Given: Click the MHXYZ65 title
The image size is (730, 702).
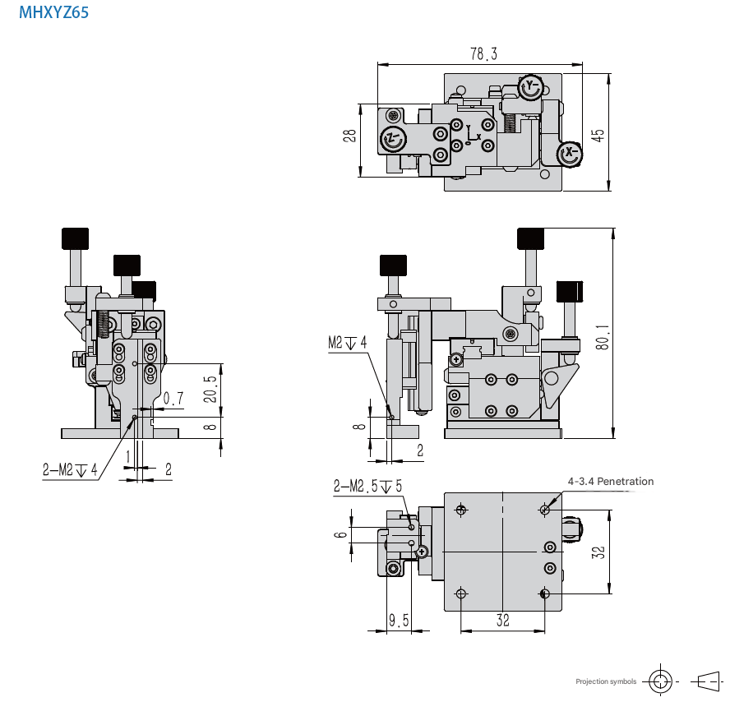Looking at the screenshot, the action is pos(53,12).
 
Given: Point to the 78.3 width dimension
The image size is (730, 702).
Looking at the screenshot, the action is pos(483,54).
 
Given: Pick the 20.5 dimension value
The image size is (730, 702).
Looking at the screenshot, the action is pos(210,389).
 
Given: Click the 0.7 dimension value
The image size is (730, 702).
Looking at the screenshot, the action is pos(173,399).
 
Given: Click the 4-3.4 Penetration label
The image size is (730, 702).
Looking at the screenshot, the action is pos(610,482).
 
